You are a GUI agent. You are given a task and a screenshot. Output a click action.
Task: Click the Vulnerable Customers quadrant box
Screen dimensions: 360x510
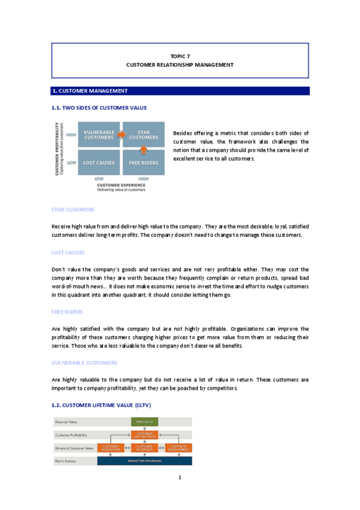coord(99,135)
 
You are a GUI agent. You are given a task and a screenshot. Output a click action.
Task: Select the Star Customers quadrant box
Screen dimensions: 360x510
coord(144,135)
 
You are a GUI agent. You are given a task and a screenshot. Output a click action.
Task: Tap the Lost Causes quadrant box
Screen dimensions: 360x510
coord(99,162)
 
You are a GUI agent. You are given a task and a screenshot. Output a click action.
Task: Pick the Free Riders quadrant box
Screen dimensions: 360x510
coord(144,162)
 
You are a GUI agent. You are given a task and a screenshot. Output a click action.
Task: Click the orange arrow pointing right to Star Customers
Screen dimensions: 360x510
coord(121,135)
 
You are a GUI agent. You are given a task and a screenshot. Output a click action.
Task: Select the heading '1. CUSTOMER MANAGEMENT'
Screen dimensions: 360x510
coord(90,91)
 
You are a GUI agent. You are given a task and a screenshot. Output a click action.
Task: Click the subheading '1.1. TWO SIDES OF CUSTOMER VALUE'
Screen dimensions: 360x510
coord(99,108)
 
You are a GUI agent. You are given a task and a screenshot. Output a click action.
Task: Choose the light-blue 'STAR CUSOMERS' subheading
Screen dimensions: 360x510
coord(73,210)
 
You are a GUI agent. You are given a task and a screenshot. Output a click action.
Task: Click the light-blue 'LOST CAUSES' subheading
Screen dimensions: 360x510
coord(68,253)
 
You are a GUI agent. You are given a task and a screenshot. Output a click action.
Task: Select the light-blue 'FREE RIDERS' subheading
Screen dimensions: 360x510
coord(67,312)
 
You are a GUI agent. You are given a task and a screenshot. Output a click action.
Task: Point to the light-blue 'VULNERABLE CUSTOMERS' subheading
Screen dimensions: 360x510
coord(84,363)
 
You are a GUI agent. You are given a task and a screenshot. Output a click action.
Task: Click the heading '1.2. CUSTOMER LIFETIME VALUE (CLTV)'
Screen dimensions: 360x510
coord(103,406)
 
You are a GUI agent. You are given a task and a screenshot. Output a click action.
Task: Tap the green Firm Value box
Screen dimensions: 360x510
coord(144,422)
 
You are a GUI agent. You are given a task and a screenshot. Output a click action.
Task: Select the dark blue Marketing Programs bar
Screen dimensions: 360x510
coord(144,461)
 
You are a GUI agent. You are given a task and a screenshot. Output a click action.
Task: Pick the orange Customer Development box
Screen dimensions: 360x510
coord(178,447)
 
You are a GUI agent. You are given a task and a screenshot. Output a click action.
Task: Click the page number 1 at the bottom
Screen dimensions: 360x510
coord(180,478)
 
